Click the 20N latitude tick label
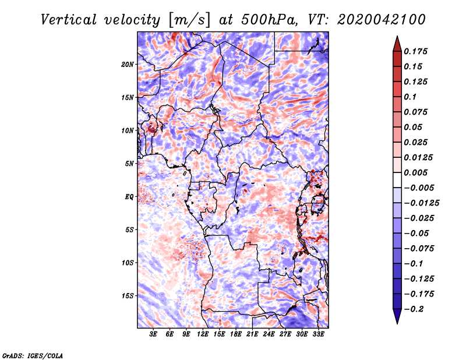(x=128, y=64)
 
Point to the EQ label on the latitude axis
(x=129, y=197)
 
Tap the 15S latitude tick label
(x=128, y=296)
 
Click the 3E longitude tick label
(x=153, y=336)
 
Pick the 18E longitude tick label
(x=235, y=336)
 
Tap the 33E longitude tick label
(x=318, y=336)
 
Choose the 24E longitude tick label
(x=269, y=336)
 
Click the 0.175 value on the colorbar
(x=418, y=51)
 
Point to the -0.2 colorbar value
(x=415, y=309)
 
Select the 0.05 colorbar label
(x=414, y=127)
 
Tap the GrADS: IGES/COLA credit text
(x=33, y=355)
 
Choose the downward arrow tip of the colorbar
(x=397, y=322)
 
